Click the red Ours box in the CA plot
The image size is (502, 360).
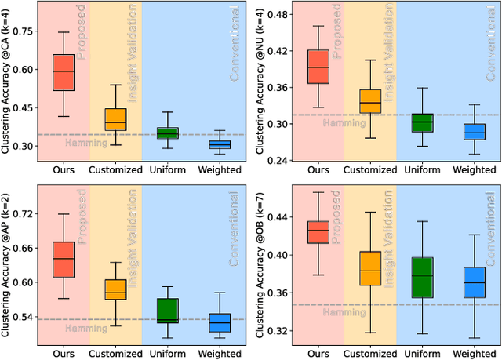click(x=63, y=73)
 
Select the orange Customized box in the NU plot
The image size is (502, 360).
click(x=369, y=101)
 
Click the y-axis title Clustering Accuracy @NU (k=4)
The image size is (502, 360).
click(x=263, y=85)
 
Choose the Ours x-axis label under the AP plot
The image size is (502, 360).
click(x=63, y=350)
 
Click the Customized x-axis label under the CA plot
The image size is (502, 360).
click(x=115, y=169)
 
